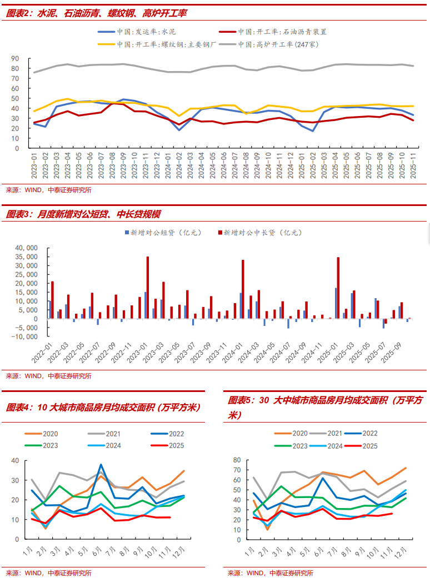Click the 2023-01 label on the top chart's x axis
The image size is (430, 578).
tap(35, 166)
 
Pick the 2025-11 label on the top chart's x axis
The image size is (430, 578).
tap(413, 166)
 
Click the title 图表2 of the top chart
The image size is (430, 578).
tap(92, 13)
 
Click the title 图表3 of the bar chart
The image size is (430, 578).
tap(83, 214)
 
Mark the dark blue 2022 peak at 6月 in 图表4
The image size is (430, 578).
tap(101, 465)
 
